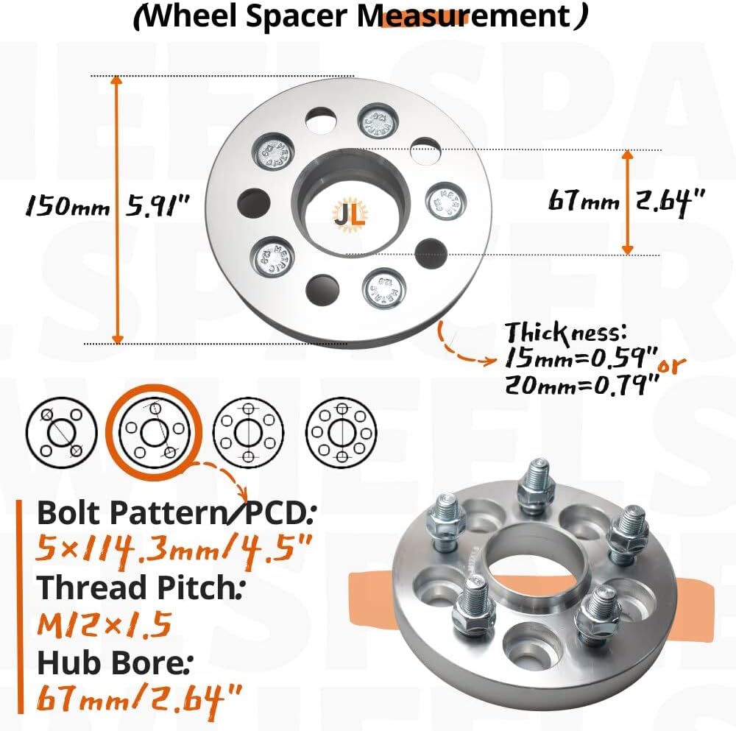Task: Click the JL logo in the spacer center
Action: pos(344,214)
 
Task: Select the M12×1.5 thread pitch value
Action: pos(104,625)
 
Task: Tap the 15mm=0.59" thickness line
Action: pos(581,359)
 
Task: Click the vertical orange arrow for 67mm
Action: pos(628,202)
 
